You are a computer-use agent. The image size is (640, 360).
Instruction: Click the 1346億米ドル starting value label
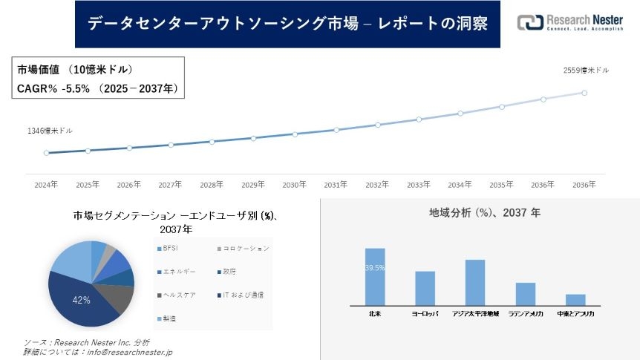coord(50,131)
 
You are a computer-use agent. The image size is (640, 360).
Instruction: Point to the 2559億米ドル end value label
coord(586,71)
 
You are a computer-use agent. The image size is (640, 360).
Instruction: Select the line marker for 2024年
coord(46,153)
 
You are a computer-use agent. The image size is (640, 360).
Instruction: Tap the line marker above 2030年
coord(295,134)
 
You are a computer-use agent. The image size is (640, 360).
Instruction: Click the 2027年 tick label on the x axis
coord(170,185)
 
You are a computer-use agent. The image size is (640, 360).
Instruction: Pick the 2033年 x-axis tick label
coord(419,185)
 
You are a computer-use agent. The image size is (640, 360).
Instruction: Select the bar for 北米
coord(375,276)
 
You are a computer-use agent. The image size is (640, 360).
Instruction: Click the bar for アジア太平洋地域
coord(475,282)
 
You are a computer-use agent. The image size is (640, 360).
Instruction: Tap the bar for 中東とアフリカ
coord(575,299)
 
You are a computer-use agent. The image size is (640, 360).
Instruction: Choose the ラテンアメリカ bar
coord(526,293)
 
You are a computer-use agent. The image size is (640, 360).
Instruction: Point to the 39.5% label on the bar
coord(375,268)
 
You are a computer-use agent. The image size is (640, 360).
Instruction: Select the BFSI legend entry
coord(172,248)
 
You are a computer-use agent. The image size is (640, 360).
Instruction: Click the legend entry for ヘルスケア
coord(179,295)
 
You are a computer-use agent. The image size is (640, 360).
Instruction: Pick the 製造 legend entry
coord(170,318)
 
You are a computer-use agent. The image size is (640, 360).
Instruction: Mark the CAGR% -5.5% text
coord(53,88)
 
